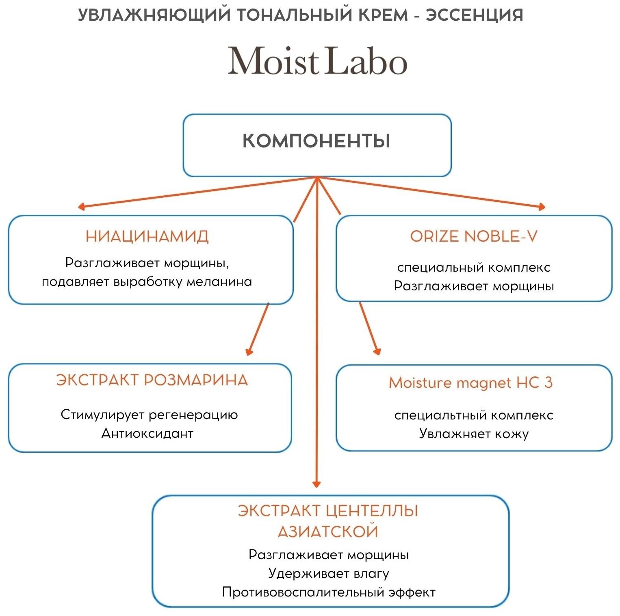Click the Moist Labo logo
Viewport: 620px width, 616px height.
click(x=317, y=61)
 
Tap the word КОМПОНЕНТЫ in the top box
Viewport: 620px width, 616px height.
click(x=317, y=141)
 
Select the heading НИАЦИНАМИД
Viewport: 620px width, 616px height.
click(x=147, y=236)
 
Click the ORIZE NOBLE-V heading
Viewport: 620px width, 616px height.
click(x=474, y=236)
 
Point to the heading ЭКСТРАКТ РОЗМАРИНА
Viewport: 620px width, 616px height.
click(x=152, y=380)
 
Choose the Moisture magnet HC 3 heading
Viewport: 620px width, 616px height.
click(x=470, y=383)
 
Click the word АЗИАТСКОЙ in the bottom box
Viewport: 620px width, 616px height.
click(x=328, y=532)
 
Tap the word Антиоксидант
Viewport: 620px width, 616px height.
click(x=147, y=433)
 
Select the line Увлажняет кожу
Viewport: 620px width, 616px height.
click(x=474, y=434)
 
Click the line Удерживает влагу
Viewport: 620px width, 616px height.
click(x=329, y=573)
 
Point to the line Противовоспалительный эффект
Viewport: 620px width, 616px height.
click(x=329, y=592)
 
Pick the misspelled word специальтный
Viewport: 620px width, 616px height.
click(x=440, y=415)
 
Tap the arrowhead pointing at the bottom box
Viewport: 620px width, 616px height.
click(x=317, y=484)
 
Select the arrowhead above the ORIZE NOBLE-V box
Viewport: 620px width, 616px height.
click(x=542, y=207)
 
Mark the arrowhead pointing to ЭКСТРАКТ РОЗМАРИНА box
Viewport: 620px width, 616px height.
click(x=249, y=352)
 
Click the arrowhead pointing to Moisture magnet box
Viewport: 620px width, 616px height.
click(x=377, y=351)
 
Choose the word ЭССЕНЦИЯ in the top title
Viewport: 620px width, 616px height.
click(x=474, y=15)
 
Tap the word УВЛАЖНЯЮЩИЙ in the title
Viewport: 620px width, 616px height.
click(x=154, y=15)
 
